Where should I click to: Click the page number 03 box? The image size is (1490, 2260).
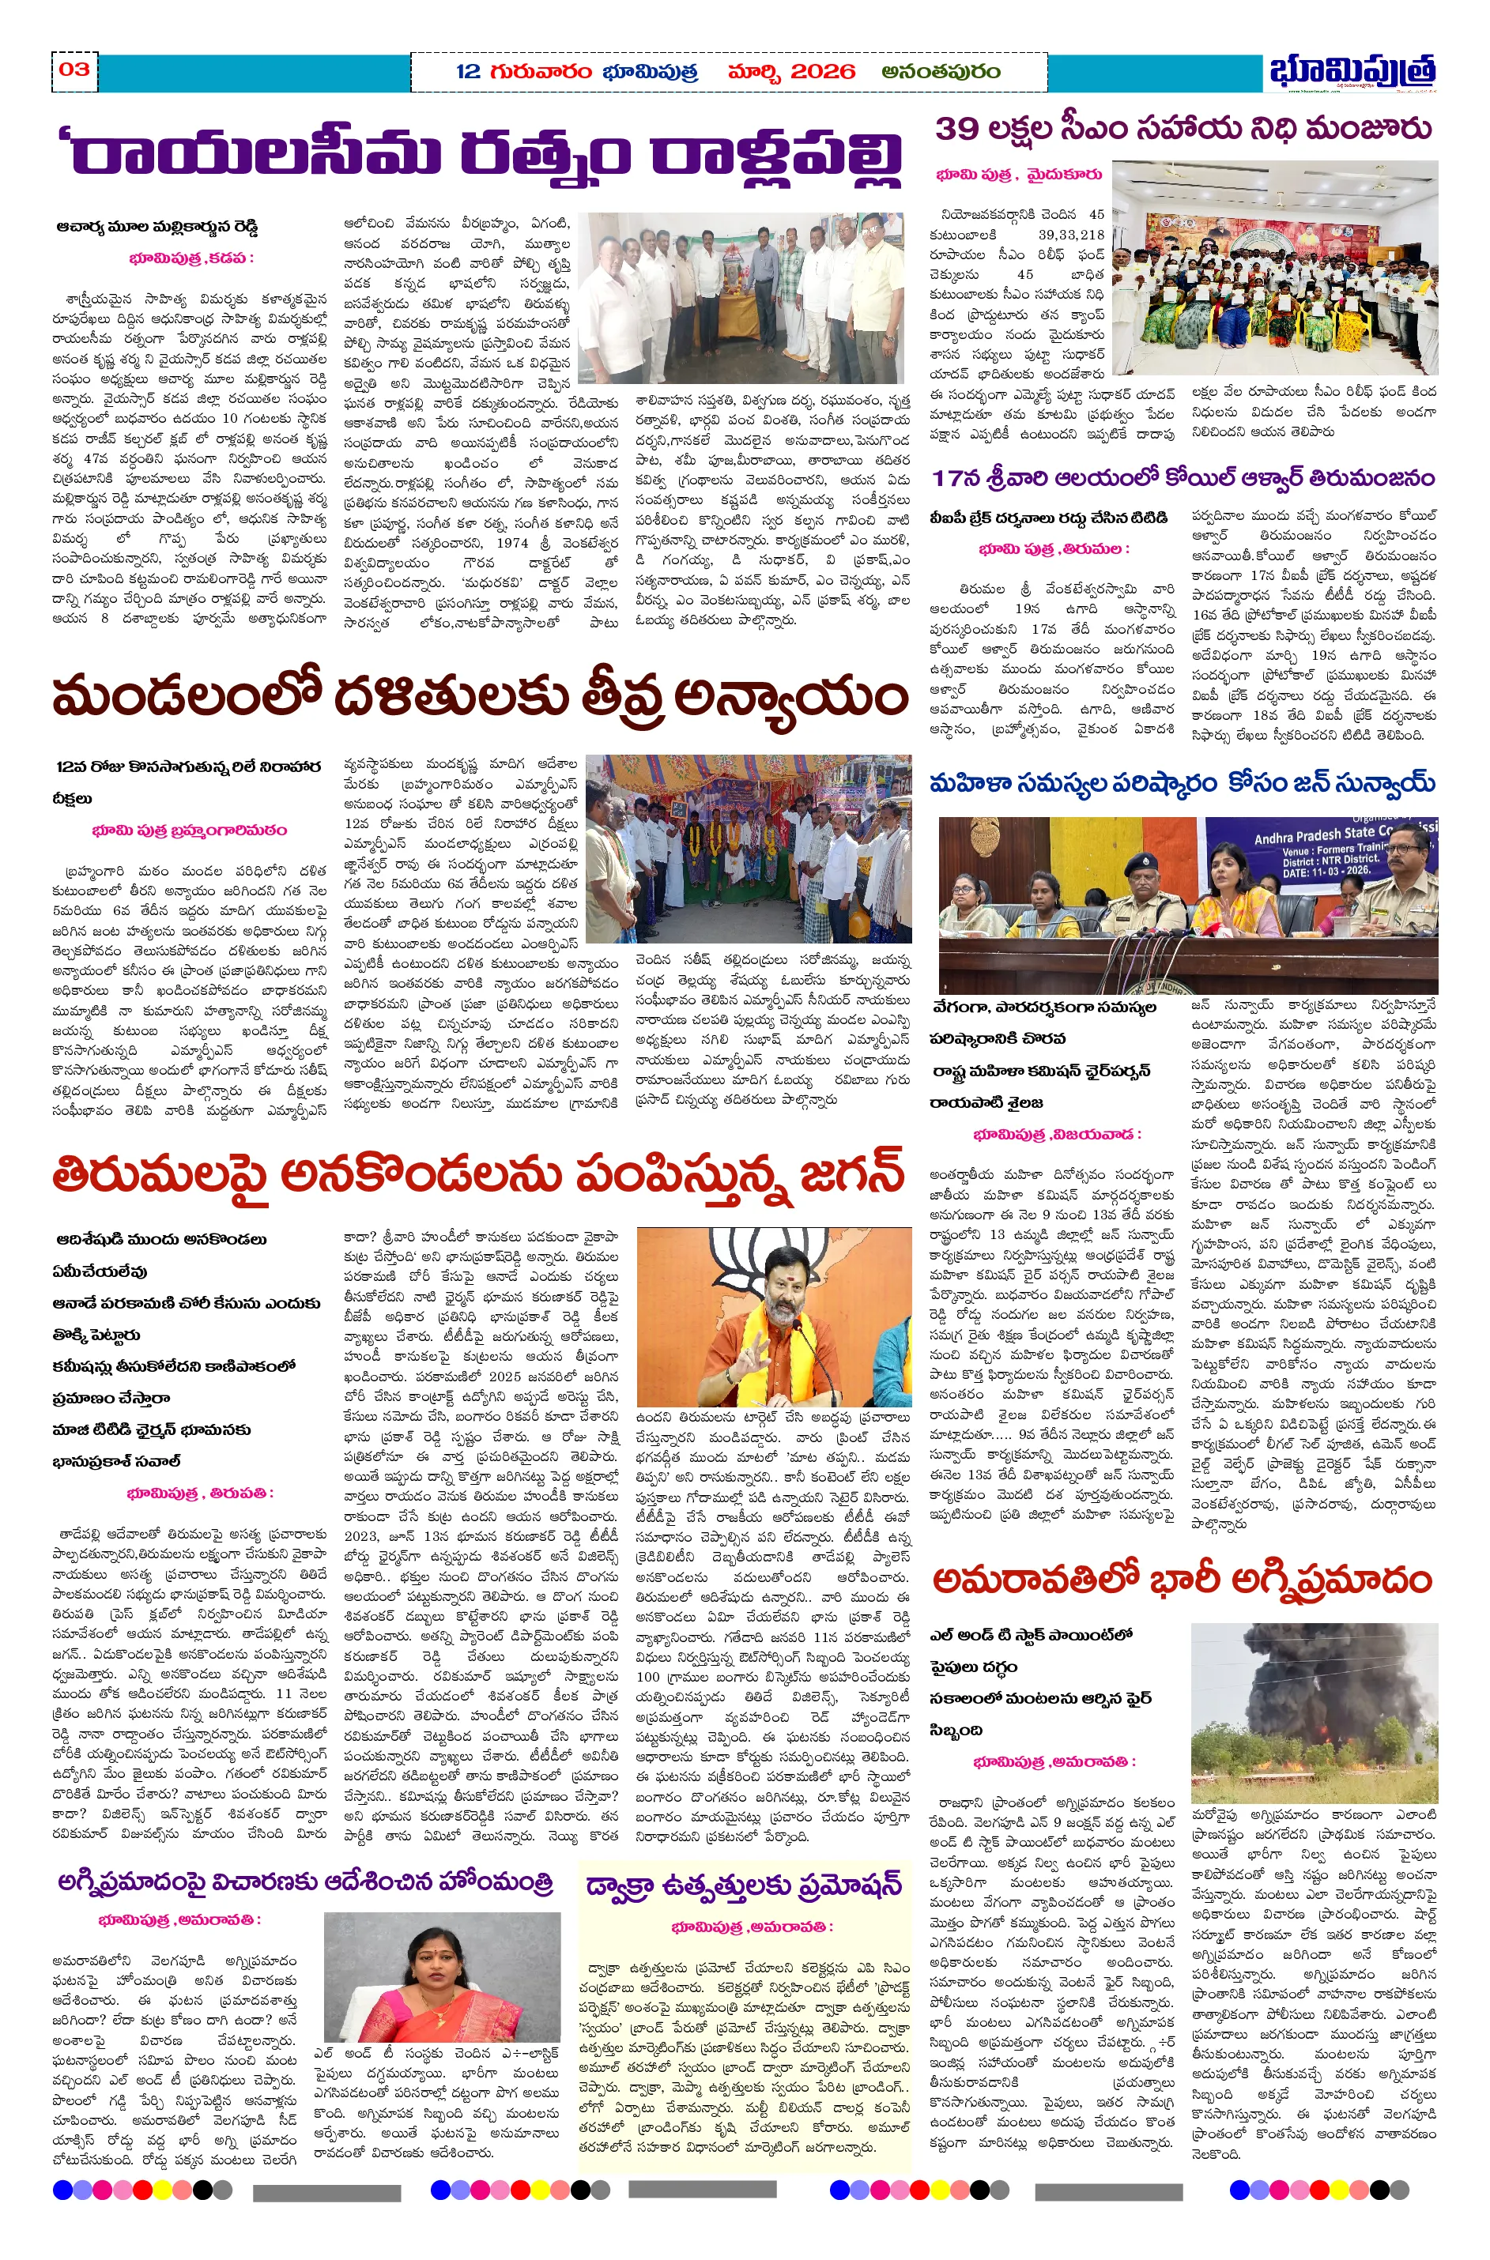(x=74, y=70)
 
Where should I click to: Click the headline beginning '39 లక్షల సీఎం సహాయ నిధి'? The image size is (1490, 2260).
(x=1183, y=128)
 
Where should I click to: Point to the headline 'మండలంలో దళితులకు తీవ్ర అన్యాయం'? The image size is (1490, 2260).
(x=480, y=697)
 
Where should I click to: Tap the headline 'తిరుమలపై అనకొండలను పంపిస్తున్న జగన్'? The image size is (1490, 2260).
(x=478, y=1175)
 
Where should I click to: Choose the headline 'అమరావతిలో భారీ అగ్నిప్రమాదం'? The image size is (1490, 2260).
(x=1181, y=1579)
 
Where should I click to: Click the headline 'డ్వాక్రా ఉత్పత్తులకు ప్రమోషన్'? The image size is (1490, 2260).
(x=743, y=1887)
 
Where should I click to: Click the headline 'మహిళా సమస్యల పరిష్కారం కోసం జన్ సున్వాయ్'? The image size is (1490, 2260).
(x=1182, y=783)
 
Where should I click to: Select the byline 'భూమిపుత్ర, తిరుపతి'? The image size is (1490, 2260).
(x=199, y=1493)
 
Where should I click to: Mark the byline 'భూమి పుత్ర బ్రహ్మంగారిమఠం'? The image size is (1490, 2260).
(x=189, y=831)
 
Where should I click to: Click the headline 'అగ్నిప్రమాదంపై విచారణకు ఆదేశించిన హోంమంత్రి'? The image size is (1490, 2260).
(x=305, y=1883)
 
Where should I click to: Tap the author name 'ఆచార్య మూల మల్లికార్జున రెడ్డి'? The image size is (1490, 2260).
(x=157, y=227)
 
